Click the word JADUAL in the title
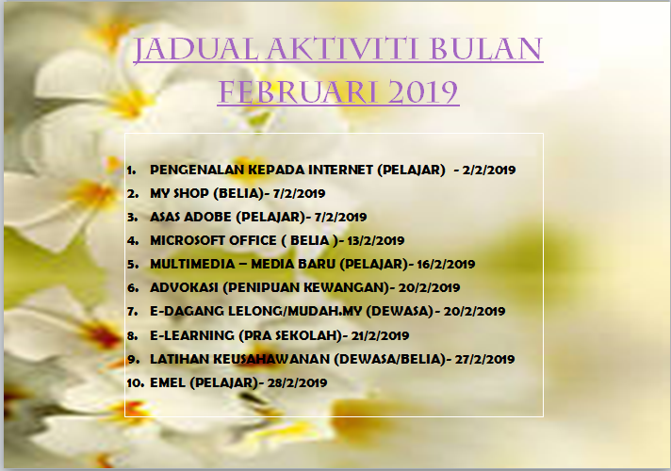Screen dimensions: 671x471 click(196, 50)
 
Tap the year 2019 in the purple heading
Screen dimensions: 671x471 click(423, 92)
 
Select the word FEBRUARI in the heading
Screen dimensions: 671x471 click(299, 92)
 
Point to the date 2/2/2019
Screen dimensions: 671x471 click(489, 170)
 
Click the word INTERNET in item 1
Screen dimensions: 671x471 click(340, 170)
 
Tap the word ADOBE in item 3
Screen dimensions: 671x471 click(207, 217)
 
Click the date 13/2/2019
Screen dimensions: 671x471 click(376, 240)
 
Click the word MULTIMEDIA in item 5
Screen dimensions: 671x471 click(192, 264)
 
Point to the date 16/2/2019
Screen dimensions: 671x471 click(446, 264)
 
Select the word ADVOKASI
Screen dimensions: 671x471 click(184, 287)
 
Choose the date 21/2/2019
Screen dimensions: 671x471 click(380, 335)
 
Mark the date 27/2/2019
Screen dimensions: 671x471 click(484, 359)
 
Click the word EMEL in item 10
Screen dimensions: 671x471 click(168, 382)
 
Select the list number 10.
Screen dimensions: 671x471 click(135, 382)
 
